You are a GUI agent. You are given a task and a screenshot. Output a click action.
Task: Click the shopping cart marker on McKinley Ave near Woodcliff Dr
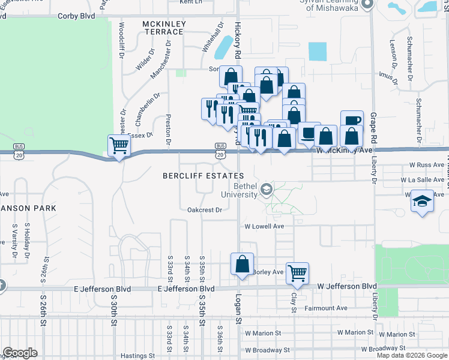pos(119,145)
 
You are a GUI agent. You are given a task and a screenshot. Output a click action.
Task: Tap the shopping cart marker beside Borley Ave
pos(297,272)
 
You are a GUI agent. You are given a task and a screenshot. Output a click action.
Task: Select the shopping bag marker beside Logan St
pos(242,264)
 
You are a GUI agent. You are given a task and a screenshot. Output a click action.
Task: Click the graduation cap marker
pos(423,201)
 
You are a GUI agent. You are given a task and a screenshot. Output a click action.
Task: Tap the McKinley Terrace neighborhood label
pos(164,28)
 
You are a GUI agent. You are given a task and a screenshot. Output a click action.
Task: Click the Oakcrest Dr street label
pos(205,210)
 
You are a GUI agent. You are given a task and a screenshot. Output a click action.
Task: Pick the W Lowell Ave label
pos(264,227)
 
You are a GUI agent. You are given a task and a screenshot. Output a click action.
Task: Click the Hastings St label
pos(138,356)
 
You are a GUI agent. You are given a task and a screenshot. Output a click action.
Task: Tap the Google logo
pos(20,353)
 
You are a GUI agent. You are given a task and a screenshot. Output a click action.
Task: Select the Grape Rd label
pos(373,124)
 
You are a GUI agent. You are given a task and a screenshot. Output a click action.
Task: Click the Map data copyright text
pos(412,355)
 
